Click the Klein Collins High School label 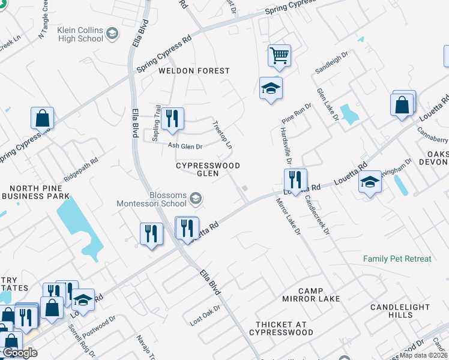click(x=80, y=34)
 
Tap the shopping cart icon click(x=279, y=56)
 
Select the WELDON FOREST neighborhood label click(x=194, y=71)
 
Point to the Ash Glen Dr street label click(x=185, y=146)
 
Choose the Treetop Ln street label click(x=222, y=135)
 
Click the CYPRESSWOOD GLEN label click(x=208, y=169)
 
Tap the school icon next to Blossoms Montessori click(x=196, y=197)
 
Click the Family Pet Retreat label click(x=397, y=259)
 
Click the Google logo click(x=19, y=353)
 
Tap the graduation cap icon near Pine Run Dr click(x=271, y=89)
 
